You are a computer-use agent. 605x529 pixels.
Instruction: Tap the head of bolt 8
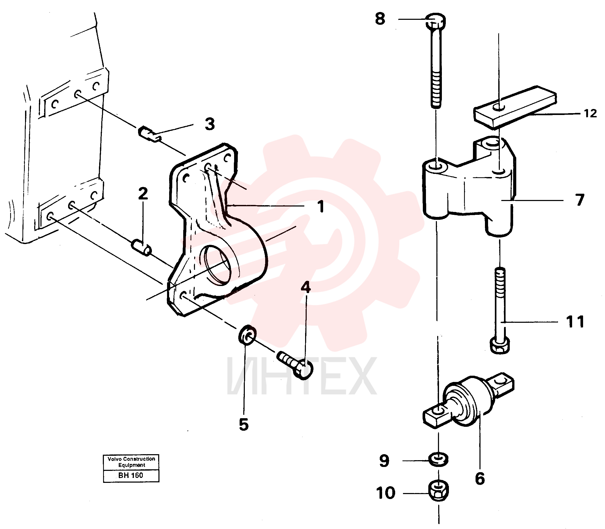click(436, 21)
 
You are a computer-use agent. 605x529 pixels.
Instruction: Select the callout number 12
click(590, 113)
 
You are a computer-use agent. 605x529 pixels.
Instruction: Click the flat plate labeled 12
click(515, 107)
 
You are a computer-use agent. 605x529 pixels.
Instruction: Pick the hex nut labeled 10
click(438, 491)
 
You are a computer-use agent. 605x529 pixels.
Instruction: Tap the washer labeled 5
click(247, 335)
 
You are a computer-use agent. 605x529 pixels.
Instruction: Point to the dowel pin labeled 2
click(141, 248)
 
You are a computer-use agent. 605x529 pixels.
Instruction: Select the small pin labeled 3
click(150, 133)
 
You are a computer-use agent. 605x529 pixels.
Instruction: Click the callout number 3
click(210, 124)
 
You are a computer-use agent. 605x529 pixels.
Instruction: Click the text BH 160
click(131, 475)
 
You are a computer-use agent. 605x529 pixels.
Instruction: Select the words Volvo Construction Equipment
click(131, 462)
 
